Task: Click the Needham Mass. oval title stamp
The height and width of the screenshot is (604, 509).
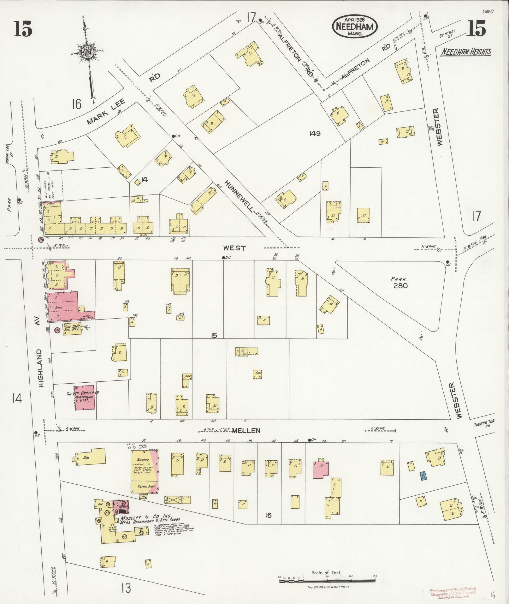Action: pyautogui.click(x=354, y=27)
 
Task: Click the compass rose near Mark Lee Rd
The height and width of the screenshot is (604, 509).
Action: pyautogui.click(x=86, y=52)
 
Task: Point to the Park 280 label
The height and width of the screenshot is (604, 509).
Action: pyautogui.click(x=400, y=283)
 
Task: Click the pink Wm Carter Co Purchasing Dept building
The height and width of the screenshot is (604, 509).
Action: pyautogui.click(x=84, y=398)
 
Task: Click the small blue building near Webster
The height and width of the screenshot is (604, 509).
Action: pyautogui.click(x=422, y=475)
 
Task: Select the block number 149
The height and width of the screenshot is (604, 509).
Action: pyautogui.click(x=315, y=134)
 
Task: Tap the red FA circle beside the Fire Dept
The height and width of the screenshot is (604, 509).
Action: pyautogui.click(x=57, y=330)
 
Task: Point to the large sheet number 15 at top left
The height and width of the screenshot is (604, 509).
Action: pyautogui.click(x=23, y=30)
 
